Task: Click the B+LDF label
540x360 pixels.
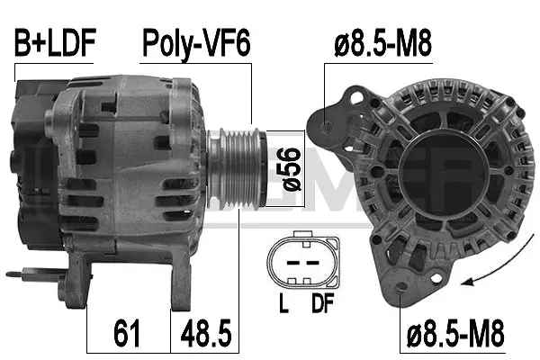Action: pyautogui.click(x=53, y=44)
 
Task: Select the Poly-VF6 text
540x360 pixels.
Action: pyautogui.click(x=194, y=44)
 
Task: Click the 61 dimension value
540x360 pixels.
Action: pyautogui.click(x=128, y=333)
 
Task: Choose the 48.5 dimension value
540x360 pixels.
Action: pyautogui.click(x=206, y=333)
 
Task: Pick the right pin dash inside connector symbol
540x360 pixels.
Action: pyautogui.click(x=312, y=261)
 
